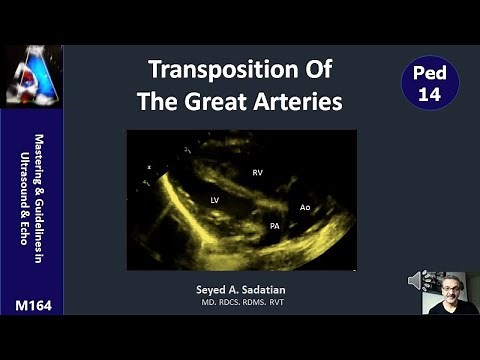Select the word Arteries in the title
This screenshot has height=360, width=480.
[300, 101]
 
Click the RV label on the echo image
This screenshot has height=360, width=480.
[257, 172]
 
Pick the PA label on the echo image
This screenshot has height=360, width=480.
[273, 226]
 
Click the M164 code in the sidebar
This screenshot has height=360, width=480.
[30, 302]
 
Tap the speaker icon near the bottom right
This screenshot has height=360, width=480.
[417, 281]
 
